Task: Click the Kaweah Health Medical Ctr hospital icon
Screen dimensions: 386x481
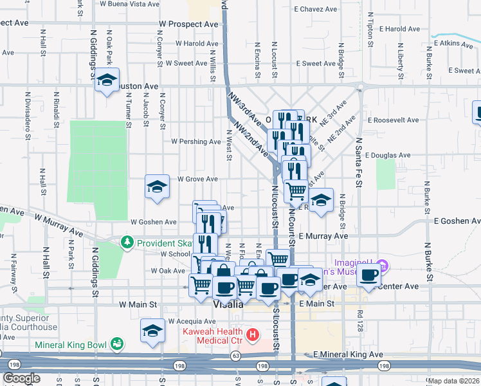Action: pyautogui.click(x=253, y=335)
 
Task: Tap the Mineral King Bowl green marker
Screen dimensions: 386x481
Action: pyautogui.click(x=116, y=344)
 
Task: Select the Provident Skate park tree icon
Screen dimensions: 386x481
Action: pyautogui.click(x=127, y=243)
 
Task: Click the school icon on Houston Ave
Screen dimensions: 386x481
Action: pyautogui.click(x=107, y=81)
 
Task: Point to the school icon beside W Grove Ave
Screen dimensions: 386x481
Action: pyautogui.click(x=156, y=187)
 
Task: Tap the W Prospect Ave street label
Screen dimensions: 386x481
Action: pyautogui.click(x=189, y=24)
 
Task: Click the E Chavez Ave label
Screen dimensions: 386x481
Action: pyautogui.click(x=315, y=10)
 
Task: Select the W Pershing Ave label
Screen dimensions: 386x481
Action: pyautogui.click(x=195, y=142)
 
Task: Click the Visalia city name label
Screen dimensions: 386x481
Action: pyautogui.click(x=228, y=305)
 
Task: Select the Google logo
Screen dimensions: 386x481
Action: pyautogui.click(x=22, y=378)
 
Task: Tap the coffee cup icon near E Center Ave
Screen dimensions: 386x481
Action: pyautogui.click(x=369, y=275)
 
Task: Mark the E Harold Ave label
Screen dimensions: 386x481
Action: pyautogui.click(x=399, y=29)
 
